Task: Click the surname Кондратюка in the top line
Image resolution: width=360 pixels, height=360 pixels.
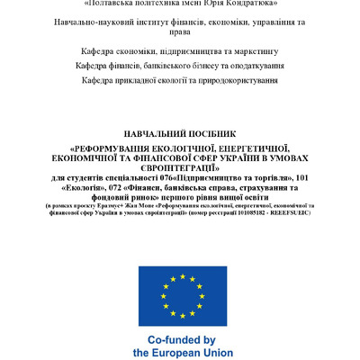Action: click(x=243, y=4)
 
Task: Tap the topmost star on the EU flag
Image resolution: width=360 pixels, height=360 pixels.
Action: click(x=182, y=274)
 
